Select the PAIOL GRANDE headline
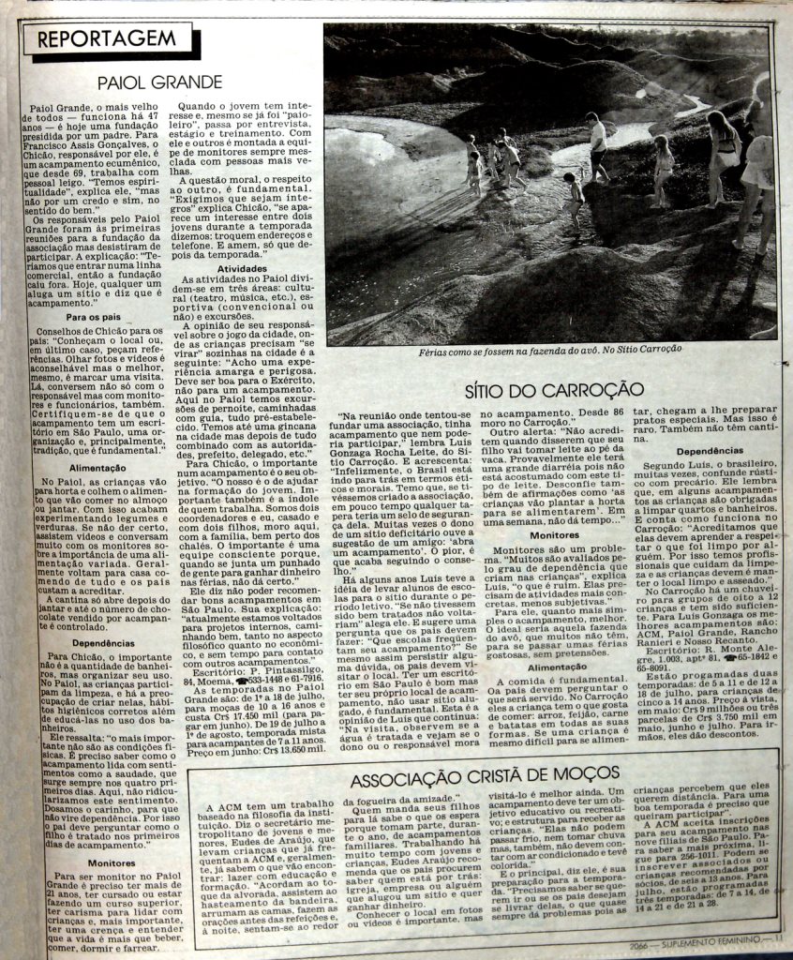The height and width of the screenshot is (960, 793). point(160,82)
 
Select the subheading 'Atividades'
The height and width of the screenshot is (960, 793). point(243,267)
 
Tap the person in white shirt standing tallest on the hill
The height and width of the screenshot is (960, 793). point(596,146)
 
